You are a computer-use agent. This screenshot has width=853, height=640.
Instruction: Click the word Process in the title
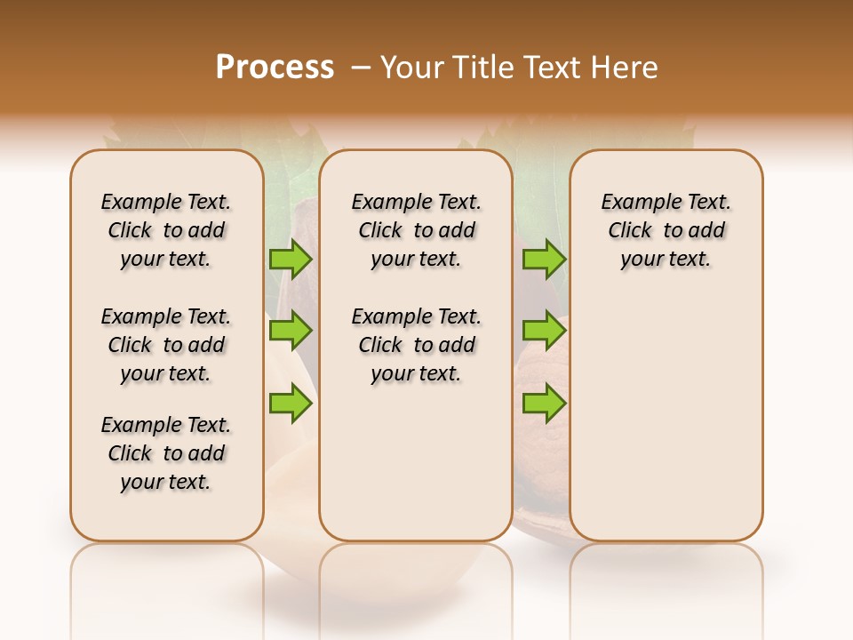(x=275, y=68)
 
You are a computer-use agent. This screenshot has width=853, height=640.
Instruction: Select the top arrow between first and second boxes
(x=291, y=259)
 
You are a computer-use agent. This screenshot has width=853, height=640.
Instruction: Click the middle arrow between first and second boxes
(x=291, y=331)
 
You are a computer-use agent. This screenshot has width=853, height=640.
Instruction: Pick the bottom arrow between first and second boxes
(x=291, y=404)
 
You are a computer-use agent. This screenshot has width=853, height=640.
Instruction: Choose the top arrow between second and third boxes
(x=544, y=259)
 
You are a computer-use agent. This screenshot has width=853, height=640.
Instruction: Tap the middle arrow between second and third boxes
(x=544, y=331)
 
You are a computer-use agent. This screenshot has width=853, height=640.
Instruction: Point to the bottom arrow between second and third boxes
(x=544, y=404)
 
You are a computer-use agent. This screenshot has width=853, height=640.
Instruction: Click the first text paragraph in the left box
(x=166, y=230)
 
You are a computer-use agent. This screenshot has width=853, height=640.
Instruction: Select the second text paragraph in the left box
(x=166, y=345)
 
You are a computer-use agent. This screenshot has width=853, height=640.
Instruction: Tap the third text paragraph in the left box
(x=166, y=453)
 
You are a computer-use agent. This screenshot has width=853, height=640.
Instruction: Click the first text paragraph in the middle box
(x=416, y=230)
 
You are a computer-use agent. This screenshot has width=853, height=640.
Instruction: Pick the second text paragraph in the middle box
(x=416, y=345)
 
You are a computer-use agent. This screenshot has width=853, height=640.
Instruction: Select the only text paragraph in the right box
(x=666, y=230)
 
